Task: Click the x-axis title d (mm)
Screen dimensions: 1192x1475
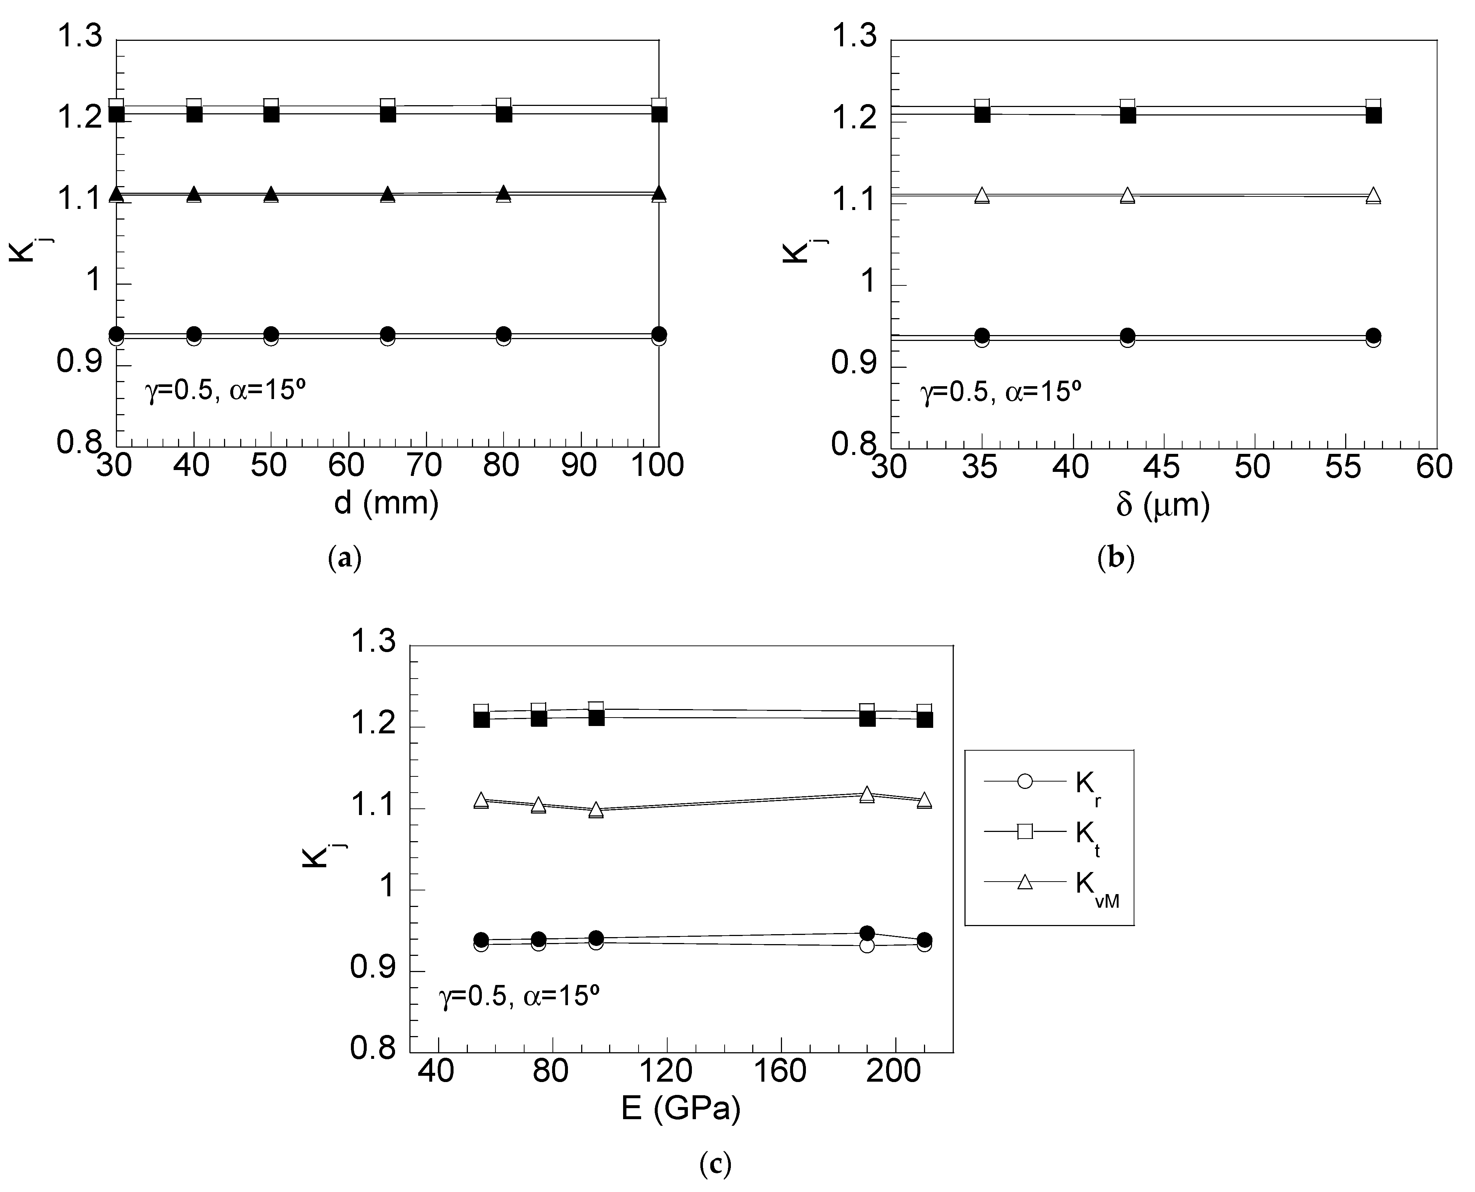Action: (386, 503)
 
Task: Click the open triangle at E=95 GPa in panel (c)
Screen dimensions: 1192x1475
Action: (596, 810)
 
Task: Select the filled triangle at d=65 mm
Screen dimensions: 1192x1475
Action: (388, 194)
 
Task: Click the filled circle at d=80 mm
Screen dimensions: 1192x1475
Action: (503, 334)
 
